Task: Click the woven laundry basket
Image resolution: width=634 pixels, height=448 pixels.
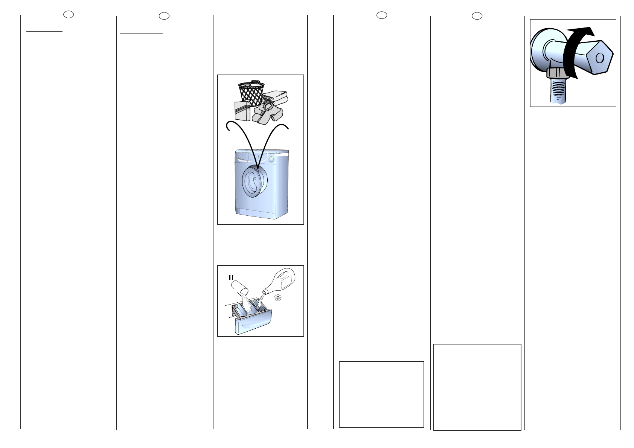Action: [251, 93]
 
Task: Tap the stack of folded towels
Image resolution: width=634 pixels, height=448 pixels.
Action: [275, 98]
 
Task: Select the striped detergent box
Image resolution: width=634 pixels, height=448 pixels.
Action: [242, 111]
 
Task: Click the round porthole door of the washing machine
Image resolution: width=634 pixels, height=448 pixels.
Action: [255, 181]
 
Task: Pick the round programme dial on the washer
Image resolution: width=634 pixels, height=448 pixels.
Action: [271, 159]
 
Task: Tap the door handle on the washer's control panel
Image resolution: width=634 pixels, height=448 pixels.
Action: [242, 160]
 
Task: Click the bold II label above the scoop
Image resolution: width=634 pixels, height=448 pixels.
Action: [231, 277]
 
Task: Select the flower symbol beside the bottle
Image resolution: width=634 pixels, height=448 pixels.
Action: [278, 297]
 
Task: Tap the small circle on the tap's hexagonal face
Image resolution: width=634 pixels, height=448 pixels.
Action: [600, 58]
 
